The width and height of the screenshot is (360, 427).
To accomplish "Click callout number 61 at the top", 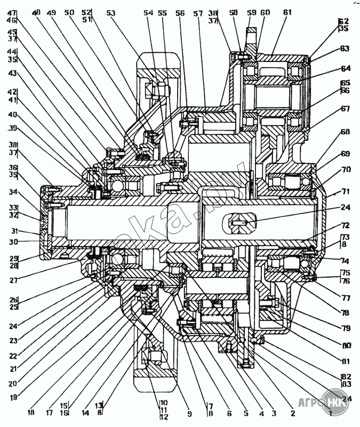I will pos(288,12).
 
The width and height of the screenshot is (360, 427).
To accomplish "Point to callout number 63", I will pos(345,49).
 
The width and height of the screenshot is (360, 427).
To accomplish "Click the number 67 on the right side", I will pos(345,108).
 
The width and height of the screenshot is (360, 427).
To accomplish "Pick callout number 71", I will pos(345,191).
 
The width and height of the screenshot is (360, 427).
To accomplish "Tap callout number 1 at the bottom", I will pos(330,413).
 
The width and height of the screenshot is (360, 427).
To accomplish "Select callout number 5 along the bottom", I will pos(246,413).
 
